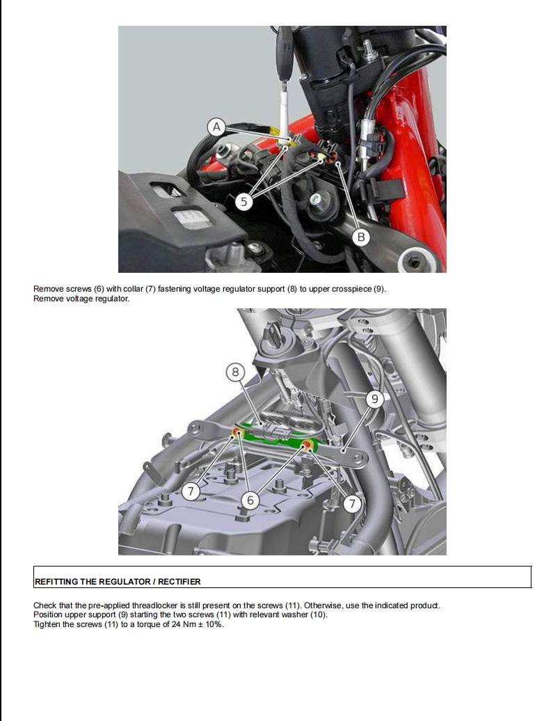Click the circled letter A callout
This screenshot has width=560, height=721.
(x=217, y=127)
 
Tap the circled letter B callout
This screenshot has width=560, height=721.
(x=361, y=237)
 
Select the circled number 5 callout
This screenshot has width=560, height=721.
(x=243, y=202)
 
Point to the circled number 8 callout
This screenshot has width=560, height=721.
(x=235, y=372)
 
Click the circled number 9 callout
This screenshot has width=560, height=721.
(x=375, y=399)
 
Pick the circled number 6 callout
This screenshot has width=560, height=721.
(x=251, y=500)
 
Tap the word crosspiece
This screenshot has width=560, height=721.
(x=348, y=289)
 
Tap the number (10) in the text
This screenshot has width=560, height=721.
(x=317, y=615)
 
